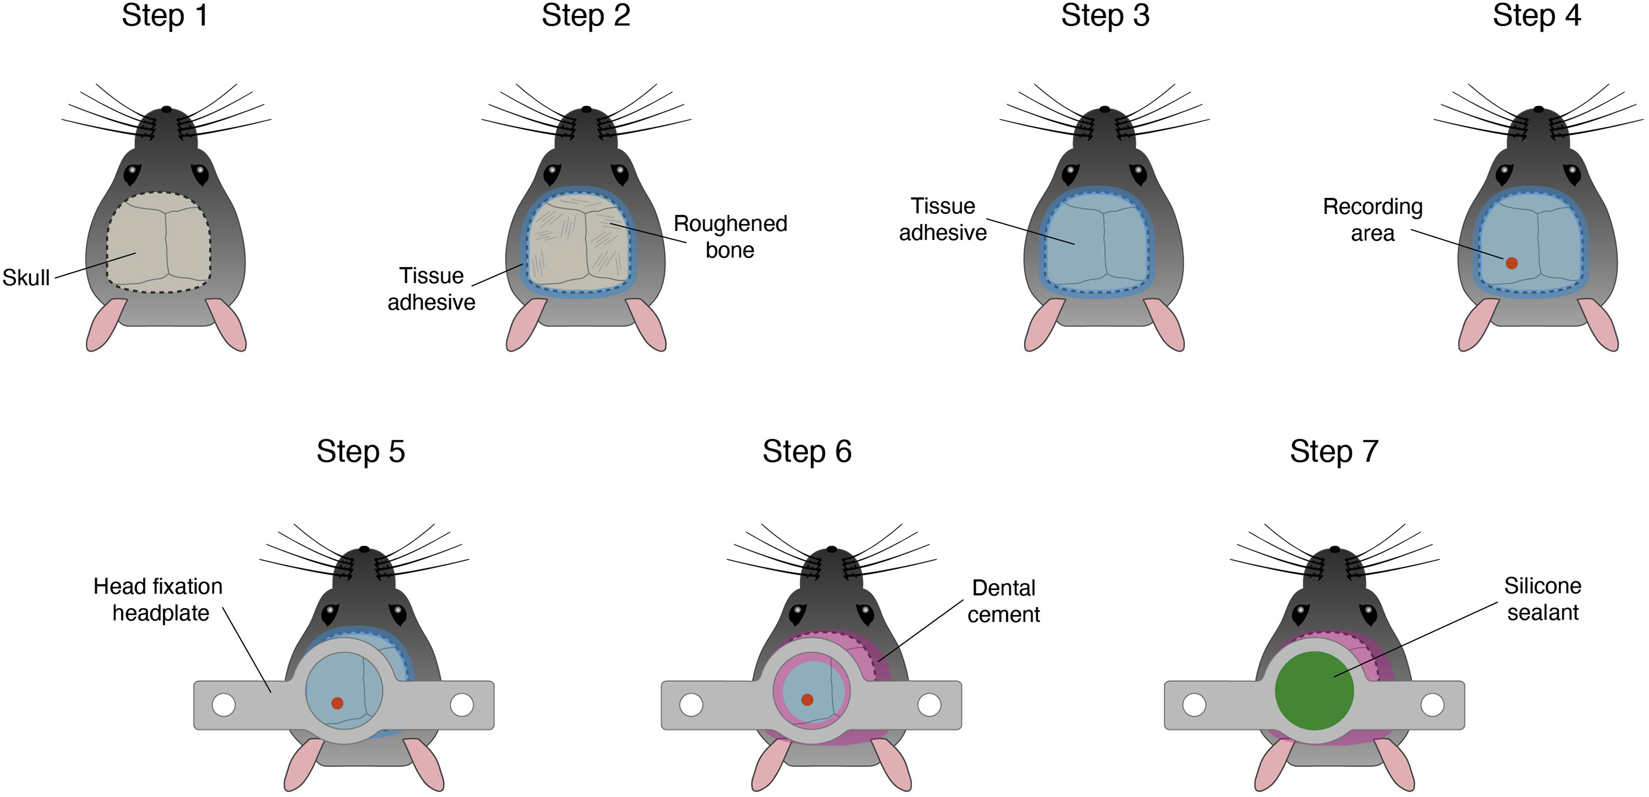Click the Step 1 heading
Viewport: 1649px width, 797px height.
(x=165, y=15)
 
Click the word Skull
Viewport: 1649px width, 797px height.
(x=26, y=278)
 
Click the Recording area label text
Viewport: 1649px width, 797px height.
(x=1373, y=220)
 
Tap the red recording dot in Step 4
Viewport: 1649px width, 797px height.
(x=1511, y=263)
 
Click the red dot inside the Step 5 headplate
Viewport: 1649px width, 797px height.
(x=338, y=703)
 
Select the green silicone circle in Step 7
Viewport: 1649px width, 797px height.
(x=1314, y=691)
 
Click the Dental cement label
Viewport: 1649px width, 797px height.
(x=1003, y=601)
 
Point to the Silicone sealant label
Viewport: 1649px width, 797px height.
(x=1542, y=599)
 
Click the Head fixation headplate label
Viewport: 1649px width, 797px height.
(x=158, y=599)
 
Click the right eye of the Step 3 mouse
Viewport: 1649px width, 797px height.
(x=1138, y=174)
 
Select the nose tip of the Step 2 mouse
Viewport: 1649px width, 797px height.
(x=586, y=109)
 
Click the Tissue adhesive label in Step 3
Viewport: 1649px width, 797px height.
(x=943, y=219)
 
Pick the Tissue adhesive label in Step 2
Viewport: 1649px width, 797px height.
(x=431, y=289)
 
